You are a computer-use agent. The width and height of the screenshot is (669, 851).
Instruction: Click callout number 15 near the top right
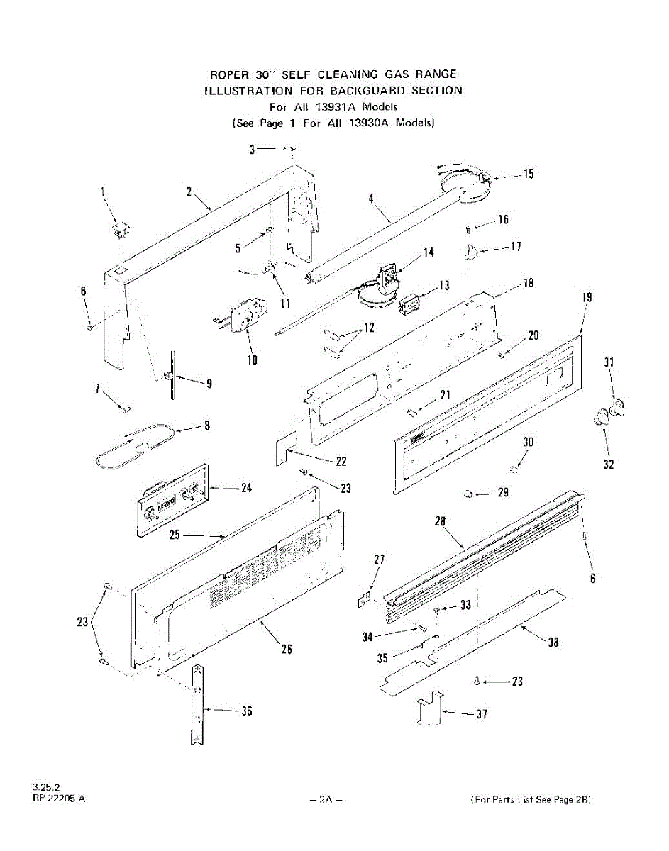pos(529,174)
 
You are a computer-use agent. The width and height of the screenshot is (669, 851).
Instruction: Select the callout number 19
pos(587,299)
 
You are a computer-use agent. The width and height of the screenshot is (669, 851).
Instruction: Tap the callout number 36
pos(245,711)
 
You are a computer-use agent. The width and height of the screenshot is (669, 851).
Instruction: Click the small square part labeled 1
pos(121,230)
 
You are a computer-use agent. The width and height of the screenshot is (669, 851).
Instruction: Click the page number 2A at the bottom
pos(326,799)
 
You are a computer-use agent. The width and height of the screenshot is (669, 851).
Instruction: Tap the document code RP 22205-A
pos(59,799)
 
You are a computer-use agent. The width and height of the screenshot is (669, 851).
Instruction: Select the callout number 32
pos(609,465)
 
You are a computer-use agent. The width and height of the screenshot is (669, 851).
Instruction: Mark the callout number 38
pos(553,643)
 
